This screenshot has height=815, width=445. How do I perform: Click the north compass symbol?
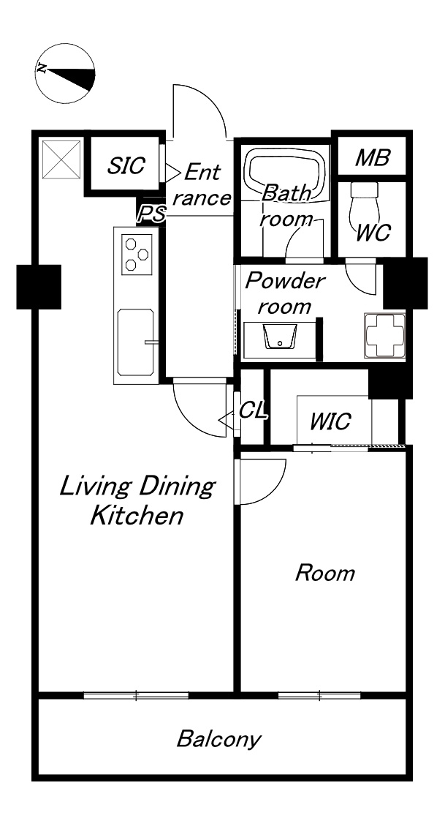point(66,72)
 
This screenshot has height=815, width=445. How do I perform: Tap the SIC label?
point(126,165)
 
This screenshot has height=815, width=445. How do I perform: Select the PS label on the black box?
point(152,213)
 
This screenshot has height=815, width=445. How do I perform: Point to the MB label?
point(372,157)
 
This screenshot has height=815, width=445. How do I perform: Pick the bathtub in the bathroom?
point(286,173)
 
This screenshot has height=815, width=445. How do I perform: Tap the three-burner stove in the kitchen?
point(137,254)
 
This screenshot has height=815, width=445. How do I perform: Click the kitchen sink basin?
point(136,342)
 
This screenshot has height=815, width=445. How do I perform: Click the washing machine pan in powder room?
point(385,335)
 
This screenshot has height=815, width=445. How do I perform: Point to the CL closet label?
point(254,410)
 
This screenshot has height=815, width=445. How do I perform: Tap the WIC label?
point(330,421)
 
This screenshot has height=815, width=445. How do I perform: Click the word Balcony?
point(218,739)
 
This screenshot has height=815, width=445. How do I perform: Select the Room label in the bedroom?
point(325,573)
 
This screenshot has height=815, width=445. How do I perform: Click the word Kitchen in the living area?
point(137,516)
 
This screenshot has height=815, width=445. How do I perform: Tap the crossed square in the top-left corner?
point(61,159)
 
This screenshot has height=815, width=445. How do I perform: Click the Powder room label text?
point(285,293)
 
